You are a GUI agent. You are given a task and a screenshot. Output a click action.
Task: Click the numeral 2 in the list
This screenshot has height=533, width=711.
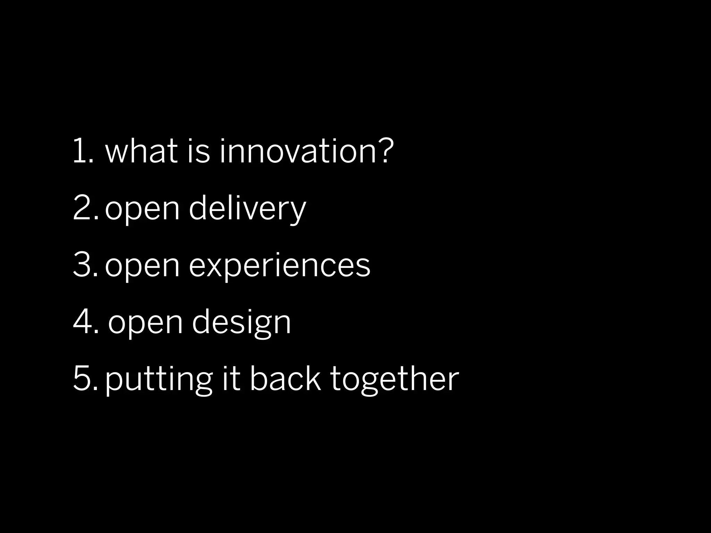point(82,207)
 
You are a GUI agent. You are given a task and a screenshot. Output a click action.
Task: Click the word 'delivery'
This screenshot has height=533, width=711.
point(247,208)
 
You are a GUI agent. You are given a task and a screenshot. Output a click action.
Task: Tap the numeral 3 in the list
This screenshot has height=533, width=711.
point(82,264)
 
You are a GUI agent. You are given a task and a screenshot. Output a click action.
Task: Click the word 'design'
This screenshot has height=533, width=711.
point(241,323)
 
